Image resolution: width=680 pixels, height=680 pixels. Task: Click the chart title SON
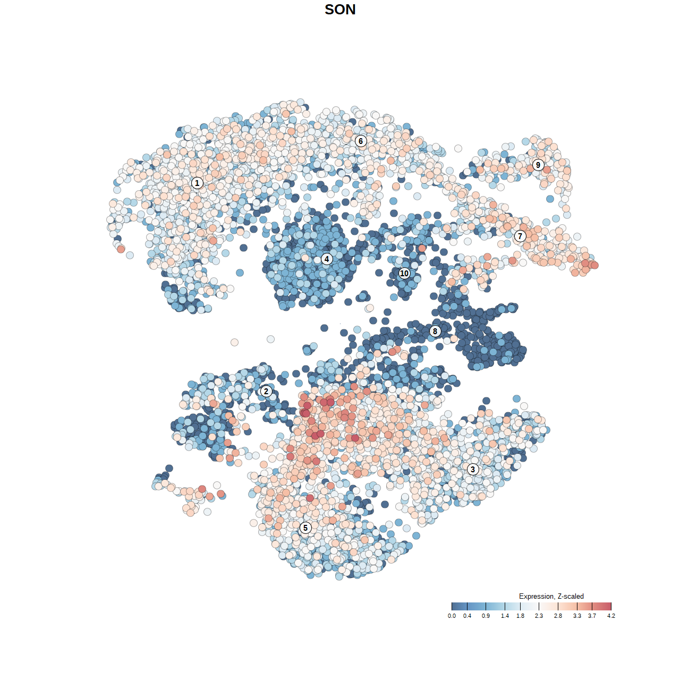tap(340, 10)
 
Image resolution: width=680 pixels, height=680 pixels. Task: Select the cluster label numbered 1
tap(197, 183)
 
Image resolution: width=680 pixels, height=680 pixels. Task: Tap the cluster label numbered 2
tap(266, 392)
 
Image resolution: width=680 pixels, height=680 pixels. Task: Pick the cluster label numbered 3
tap(473, 469)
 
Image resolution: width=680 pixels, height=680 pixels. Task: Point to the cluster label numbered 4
tap(327, 259)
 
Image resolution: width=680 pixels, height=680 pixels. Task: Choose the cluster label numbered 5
tap(305, 528)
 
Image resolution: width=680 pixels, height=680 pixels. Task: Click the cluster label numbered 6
tap(361, 141)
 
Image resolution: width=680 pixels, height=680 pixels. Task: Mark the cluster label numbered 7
tap(520, 236)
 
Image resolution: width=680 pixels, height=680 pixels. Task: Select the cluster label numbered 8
tap(435, 331)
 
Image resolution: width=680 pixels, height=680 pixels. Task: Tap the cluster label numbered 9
tap(538, 165)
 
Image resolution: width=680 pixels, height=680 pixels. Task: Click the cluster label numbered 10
tap(404, 274)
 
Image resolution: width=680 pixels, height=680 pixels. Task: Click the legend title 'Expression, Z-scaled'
tap(551, 596)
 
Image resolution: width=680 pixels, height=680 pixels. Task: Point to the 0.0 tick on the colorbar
tap(452, 606)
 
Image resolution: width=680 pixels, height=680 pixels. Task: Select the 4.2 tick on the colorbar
tap(611, 606)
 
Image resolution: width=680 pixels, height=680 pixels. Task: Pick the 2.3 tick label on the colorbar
tap(539, 616)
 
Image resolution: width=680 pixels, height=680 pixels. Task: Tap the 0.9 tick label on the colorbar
tap(486, 616)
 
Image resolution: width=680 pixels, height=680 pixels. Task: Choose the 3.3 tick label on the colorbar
tap(577, 616)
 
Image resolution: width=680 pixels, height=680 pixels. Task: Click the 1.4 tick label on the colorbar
tap(505, 616)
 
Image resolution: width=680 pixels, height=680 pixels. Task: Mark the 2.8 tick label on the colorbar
tap(558, 616)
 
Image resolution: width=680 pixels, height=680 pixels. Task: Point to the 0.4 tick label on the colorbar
tap(467, 616)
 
